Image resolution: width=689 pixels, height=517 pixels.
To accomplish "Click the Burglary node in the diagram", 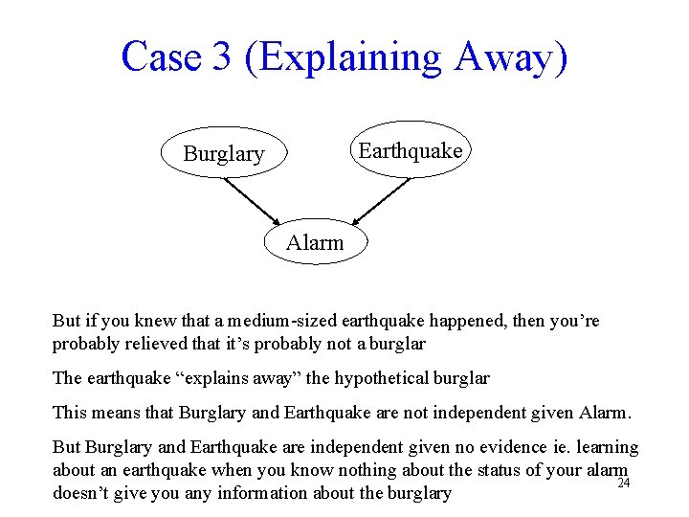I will tap(223, 153).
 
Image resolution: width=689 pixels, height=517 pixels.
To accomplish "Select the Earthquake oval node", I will tap(410, 150).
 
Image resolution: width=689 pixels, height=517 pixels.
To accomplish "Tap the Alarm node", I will tap(315, 242).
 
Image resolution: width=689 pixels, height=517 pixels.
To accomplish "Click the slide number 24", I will tap(623, 483).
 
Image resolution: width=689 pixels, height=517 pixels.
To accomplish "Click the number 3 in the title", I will tap(221, 56).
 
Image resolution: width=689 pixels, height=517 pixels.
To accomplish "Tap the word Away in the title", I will tap(511, 56).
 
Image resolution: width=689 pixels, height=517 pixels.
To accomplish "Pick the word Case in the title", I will tap(161, 56).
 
